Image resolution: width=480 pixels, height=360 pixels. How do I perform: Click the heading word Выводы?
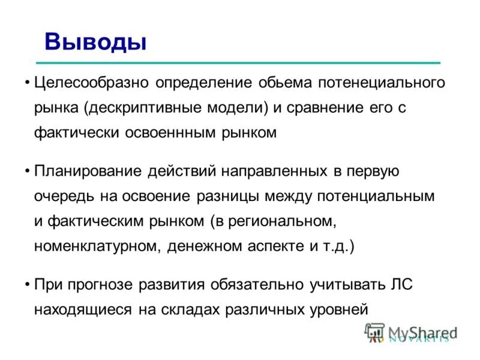95,42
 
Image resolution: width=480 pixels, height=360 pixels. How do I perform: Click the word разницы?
224,196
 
